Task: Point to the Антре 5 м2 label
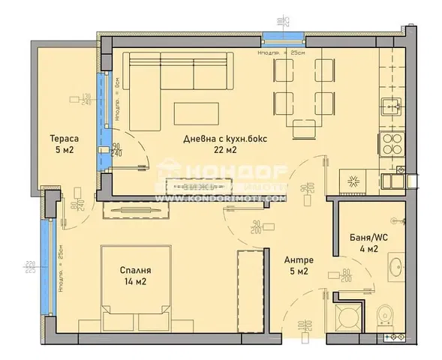click(x=298, y=266)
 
